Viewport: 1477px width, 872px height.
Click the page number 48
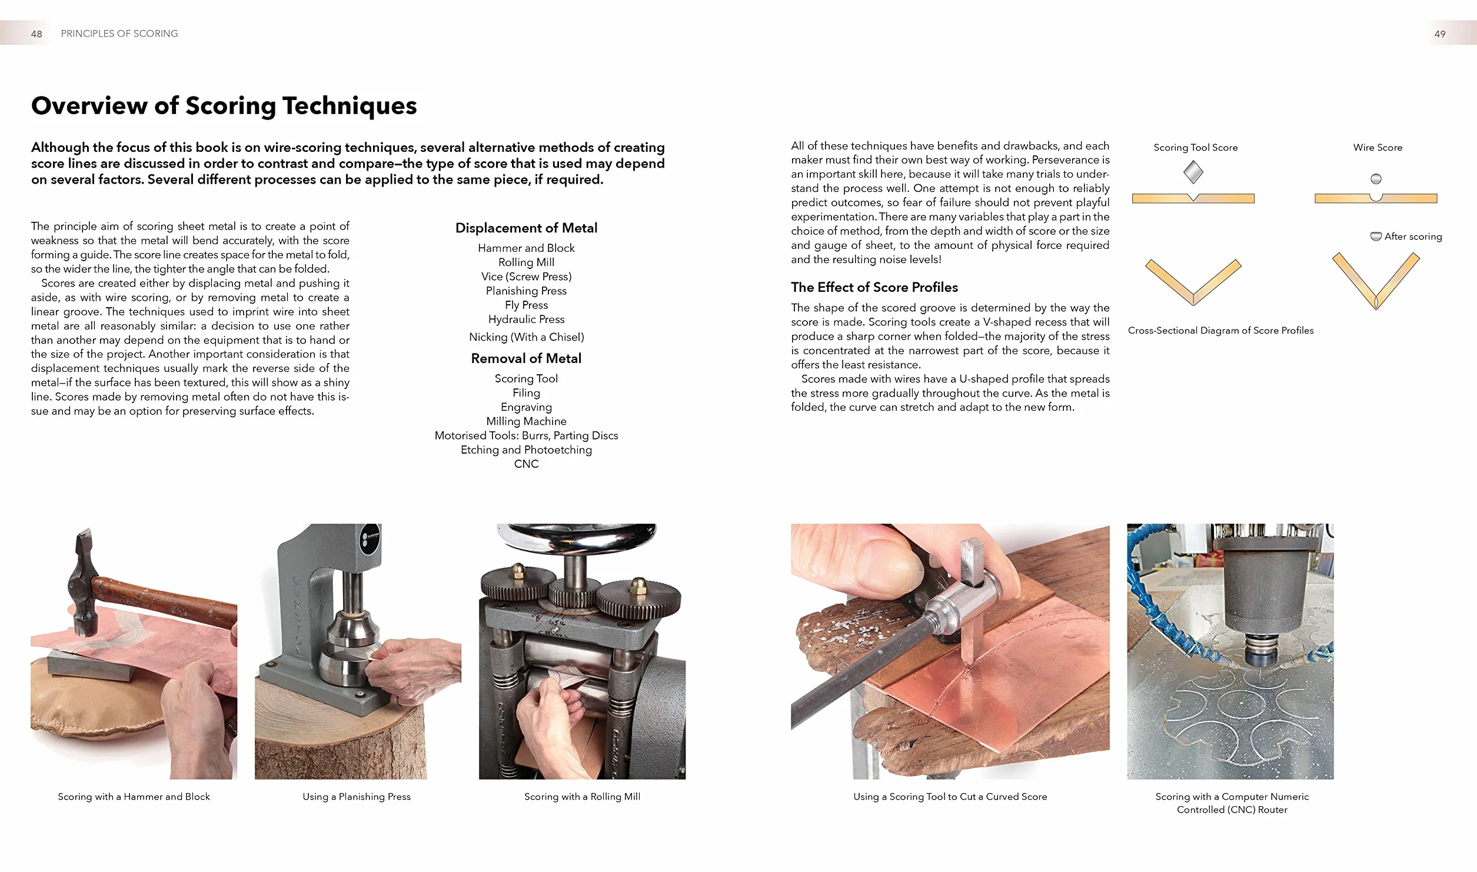click(36, 34)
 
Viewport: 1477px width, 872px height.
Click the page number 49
click(1439, 34)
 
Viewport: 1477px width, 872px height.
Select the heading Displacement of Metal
click(526, 228)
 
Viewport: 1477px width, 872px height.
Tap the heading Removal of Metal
click(526, 358)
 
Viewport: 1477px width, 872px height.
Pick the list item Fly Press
click(526, 305)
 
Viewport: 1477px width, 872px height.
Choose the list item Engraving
click(526, 407)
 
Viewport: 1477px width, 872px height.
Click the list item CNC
click(526, 464)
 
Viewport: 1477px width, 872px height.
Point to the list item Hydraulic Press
click(526, 319)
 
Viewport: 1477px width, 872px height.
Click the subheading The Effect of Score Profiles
click(874, 287)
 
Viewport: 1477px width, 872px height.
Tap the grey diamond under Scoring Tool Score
click(1193, 172)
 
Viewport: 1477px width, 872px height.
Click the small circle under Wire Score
click(1376, 179)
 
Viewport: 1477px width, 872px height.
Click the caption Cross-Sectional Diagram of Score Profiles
click(1220, 331)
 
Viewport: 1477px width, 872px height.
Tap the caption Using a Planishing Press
click(357, 797)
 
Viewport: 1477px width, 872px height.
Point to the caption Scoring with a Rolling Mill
click(582, 797)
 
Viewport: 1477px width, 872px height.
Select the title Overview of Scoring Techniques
click(224, 106)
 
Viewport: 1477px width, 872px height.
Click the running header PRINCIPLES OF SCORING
click(119, 34)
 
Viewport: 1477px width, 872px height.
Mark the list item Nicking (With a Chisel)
click(526, 337)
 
